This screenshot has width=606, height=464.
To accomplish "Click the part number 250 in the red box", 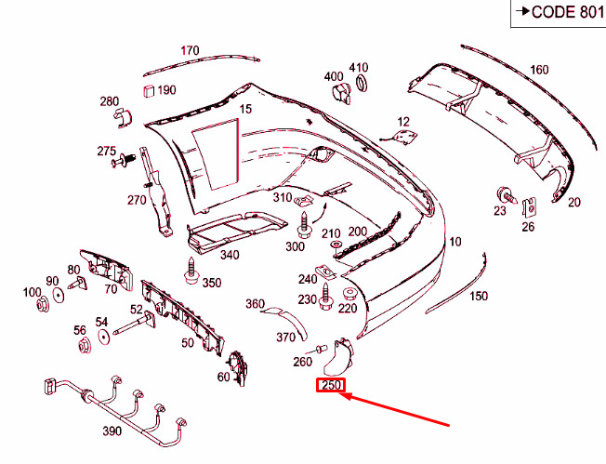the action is tap(331, 385).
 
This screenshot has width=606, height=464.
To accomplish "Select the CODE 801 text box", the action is tap(559, 13).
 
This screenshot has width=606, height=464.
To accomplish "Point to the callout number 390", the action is tap(112, 431).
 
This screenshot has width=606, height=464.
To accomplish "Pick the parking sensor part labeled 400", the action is tap(342, 93).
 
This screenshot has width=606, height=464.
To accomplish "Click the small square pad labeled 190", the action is tap(149, 91).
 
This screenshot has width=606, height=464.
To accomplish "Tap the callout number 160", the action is tap(539, 70).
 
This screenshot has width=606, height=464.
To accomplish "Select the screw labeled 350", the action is tap(191, 272).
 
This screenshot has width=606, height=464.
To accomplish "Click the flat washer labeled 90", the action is tap(59, 296).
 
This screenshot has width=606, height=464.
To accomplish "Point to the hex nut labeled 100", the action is tap(42, 304).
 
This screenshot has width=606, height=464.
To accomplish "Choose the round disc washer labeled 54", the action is tap(104, 337).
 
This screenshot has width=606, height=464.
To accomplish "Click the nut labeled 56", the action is tap(85, 345).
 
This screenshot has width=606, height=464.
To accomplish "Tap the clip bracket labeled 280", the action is tap(123, 117).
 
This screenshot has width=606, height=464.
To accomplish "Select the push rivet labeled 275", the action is tap(123, 161).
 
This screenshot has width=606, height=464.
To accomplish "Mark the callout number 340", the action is tap(230, 255).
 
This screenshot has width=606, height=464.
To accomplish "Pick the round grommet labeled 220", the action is tap(350, 295).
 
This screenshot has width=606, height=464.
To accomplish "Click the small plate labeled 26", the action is tap(530, 207).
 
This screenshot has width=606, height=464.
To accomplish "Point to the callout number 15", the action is tap(245, 109).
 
